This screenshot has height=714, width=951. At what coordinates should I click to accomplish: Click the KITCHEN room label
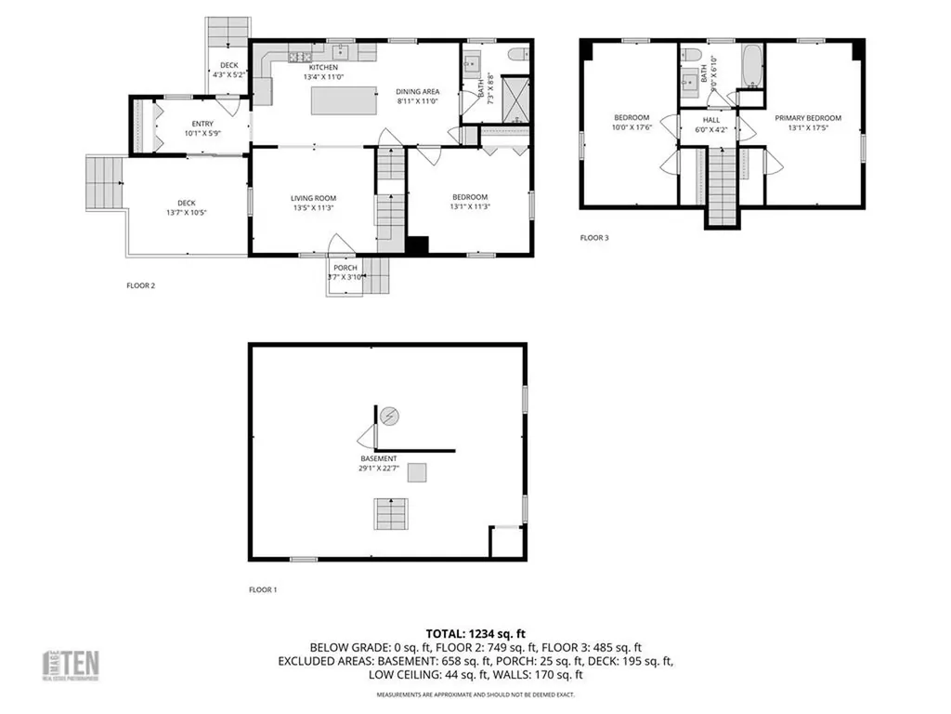pyautogui.click(x=323, y=68)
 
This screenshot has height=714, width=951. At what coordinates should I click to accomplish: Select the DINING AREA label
pyautogui.click(x=417, y=91)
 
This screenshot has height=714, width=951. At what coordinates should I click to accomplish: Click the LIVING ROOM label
pyautogui.click(x=313, y=198)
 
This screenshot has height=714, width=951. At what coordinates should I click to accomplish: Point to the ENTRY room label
pyautogui.click(x=202, y=124)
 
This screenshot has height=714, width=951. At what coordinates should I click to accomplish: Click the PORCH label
pyautogui.click(x=345, y=268)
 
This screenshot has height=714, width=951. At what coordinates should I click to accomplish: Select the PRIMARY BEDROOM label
pyautogui.click(x=808, y=118)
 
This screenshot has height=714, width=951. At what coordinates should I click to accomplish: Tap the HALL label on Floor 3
pyautogui.click(x=711, y=120)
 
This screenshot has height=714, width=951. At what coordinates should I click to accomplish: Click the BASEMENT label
pyautogui.click(x=379, y=459)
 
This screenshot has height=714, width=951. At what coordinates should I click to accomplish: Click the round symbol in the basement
pyautogui.click(x=390, y=416)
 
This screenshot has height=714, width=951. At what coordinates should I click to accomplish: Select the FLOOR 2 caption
pyautogui.click(x=140, y=285)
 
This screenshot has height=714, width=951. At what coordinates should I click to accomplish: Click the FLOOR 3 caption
pyautogui.click(x=594, y=238)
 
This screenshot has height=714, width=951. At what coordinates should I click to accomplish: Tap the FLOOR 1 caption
pyautogui.click(x=263, y=589)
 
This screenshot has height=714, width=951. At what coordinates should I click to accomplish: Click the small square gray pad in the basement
pyautogui.click(x=419, y=473)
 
